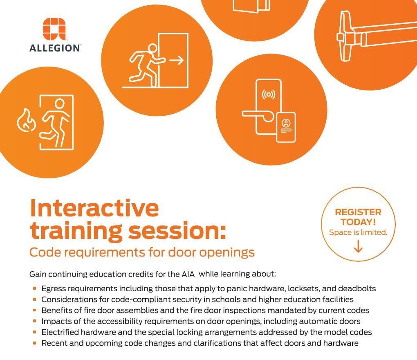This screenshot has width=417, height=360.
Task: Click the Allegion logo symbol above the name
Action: pos(54,29)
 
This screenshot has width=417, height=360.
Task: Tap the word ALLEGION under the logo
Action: pos(54,48)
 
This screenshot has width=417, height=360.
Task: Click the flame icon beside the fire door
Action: pos(26,120)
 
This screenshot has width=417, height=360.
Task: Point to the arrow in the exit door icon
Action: pos(177,60)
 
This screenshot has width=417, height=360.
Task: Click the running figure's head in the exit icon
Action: pos(152,49)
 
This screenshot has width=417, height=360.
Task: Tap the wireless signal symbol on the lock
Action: pos(269,94)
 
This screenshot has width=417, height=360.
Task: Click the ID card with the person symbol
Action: pos(286,127)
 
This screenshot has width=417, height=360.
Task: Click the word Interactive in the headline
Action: pos(94,208)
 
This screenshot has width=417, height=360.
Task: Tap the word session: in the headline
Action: pos(177,230)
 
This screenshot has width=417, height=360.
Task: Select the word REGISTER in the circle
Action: pos(358,212)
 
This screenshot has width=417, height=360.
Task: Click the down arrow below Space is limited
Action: pos(358,246)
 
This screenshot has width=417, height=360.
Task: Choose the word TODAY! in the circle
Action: pos(358,222)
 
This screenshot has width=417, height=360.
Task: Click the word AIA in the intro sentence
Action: pos(188,274)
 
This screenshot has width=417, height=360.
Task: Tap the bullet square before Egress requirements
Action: pos(34,288)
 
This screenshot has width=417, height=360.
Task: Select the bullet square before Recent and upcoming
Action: pos(34,343)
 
